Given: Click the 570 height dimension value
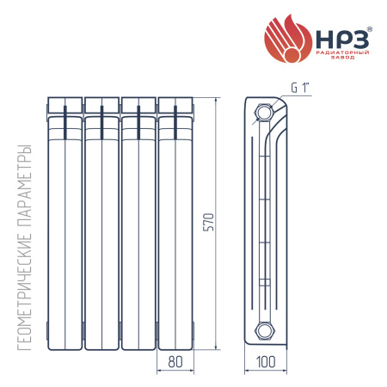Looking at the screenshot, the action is tap(208, 222).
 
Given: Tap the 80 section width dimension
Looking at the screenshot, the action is tap(175, 361).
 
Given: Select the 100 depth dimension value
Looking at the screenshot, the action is tap(266, 361).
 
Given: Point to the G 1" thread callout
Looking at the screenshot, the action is tap(301, 88).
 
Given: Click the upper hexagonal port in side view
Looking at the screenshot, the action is tap(263, 113).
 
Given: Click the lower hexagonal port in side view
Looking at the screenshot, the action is tap(264, 331).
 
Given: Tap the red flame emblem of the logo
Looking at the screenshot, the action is tap(287, 39).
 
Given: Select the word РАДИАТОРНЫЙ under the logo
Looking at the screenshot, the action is tap(342, 52).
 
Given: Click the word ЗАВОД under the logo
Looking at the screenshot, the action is tap(343, 58).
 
